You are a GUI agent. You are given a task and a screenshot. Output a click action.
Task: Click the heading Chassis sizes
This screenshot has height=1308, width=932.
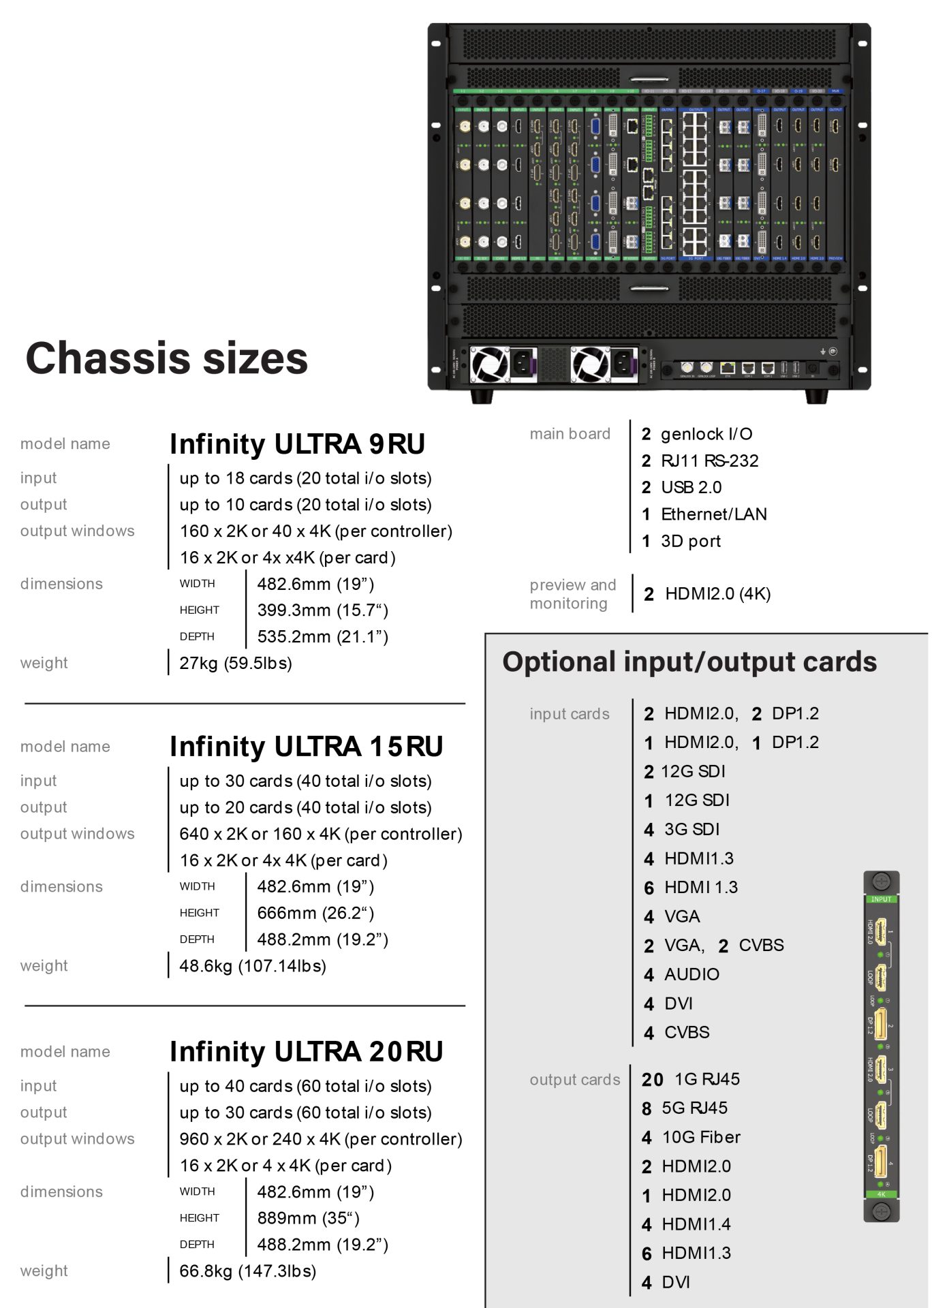coord(167,358)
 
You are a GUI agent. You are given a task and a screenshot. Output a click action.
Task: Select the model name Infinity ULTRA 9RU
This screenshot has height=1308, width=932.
coord(297,444)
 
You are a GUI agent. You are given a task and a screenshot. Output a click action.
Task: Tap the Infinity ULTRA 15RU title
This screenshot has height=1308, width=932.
coord(306,747)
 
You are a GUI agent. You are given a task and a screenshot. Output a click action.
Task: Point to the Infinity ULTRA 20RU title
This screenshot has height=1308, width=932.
coord(306,1052)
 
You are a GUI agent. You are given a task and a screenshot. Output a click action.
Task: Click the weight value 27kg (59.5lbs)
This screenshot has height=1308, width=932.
coord(236,663)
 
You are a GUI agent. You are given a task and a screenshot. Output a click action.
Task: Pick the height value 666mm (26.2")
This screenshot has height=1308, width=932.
coord(315,913)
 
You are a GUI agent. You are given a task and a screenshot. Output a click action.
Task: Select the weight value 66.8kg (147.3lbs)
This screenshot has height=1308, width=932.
coord(247,1271)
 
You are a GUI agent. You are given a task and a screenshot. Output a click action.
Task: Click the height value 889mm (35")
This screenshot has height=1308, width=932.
coord(308,1218)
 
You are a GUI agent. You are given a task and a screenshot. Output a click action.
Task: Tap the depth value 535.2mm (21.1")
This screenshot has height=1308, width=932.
coord(322,637)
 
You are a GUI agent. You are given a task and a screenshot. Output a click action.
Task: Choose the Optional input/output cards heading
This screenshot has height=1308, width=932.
coord(689,662)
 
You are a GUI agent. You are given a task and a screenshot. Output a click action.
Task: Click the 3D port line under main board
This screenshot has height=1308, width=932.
coord(681,542)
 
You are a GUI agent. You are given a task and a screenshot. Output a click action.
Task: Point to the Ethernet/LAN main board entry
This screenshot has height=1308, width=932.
coord(704,514)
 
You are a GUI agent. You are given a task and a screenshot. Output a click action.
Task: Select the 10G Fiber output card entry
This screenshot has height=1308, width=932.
coord(691,1138)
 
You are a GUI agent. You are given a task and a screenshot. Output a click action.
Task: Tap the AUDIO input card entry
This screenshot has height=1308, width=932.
coord(682,975)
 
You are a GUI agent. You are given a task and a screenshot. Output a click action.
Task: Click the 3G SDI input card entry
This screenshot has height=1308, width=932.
coord(682,830)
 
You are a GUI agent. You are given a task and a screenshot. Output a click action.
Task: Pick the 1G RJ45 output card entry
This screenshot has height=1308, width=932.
coord(691,1080)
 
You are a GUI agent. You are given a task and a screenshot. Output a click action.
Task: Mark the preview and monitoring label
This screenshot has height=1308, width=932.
coord(572,594)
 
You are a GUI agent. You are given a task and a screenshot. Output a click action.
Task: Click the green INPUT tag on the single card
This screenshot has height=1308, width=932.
coord(881,899)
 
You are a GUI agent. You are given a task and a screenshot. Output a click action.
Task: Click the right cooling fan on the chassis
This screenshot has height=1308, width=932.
coord(590,364)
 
